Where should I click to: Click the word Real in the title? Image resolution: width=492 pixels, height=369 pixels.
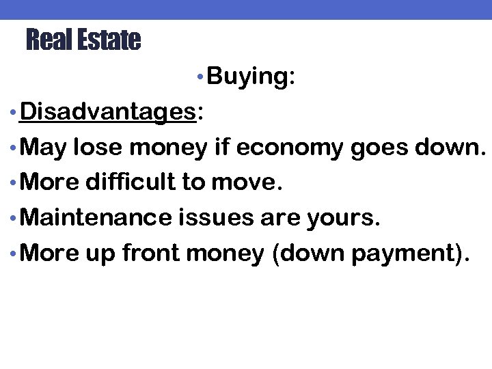click(49, 40)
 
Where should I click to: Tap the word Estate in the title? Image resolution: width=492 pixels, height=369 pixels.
click(109, 40)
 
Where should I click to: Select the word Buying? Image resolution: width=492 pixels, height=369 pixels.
click(248, 77)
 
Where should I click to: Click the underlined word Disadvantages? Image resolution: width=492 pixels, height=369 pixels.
click(108, 111)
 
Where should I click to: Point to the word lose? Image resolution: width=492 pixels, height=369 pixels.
click(99, 147)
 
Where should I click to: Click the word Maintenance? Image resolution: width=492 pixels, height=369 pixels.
click(97, 218)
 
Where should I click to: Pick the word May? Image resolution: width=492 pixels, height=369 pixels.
click(44, 147)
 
